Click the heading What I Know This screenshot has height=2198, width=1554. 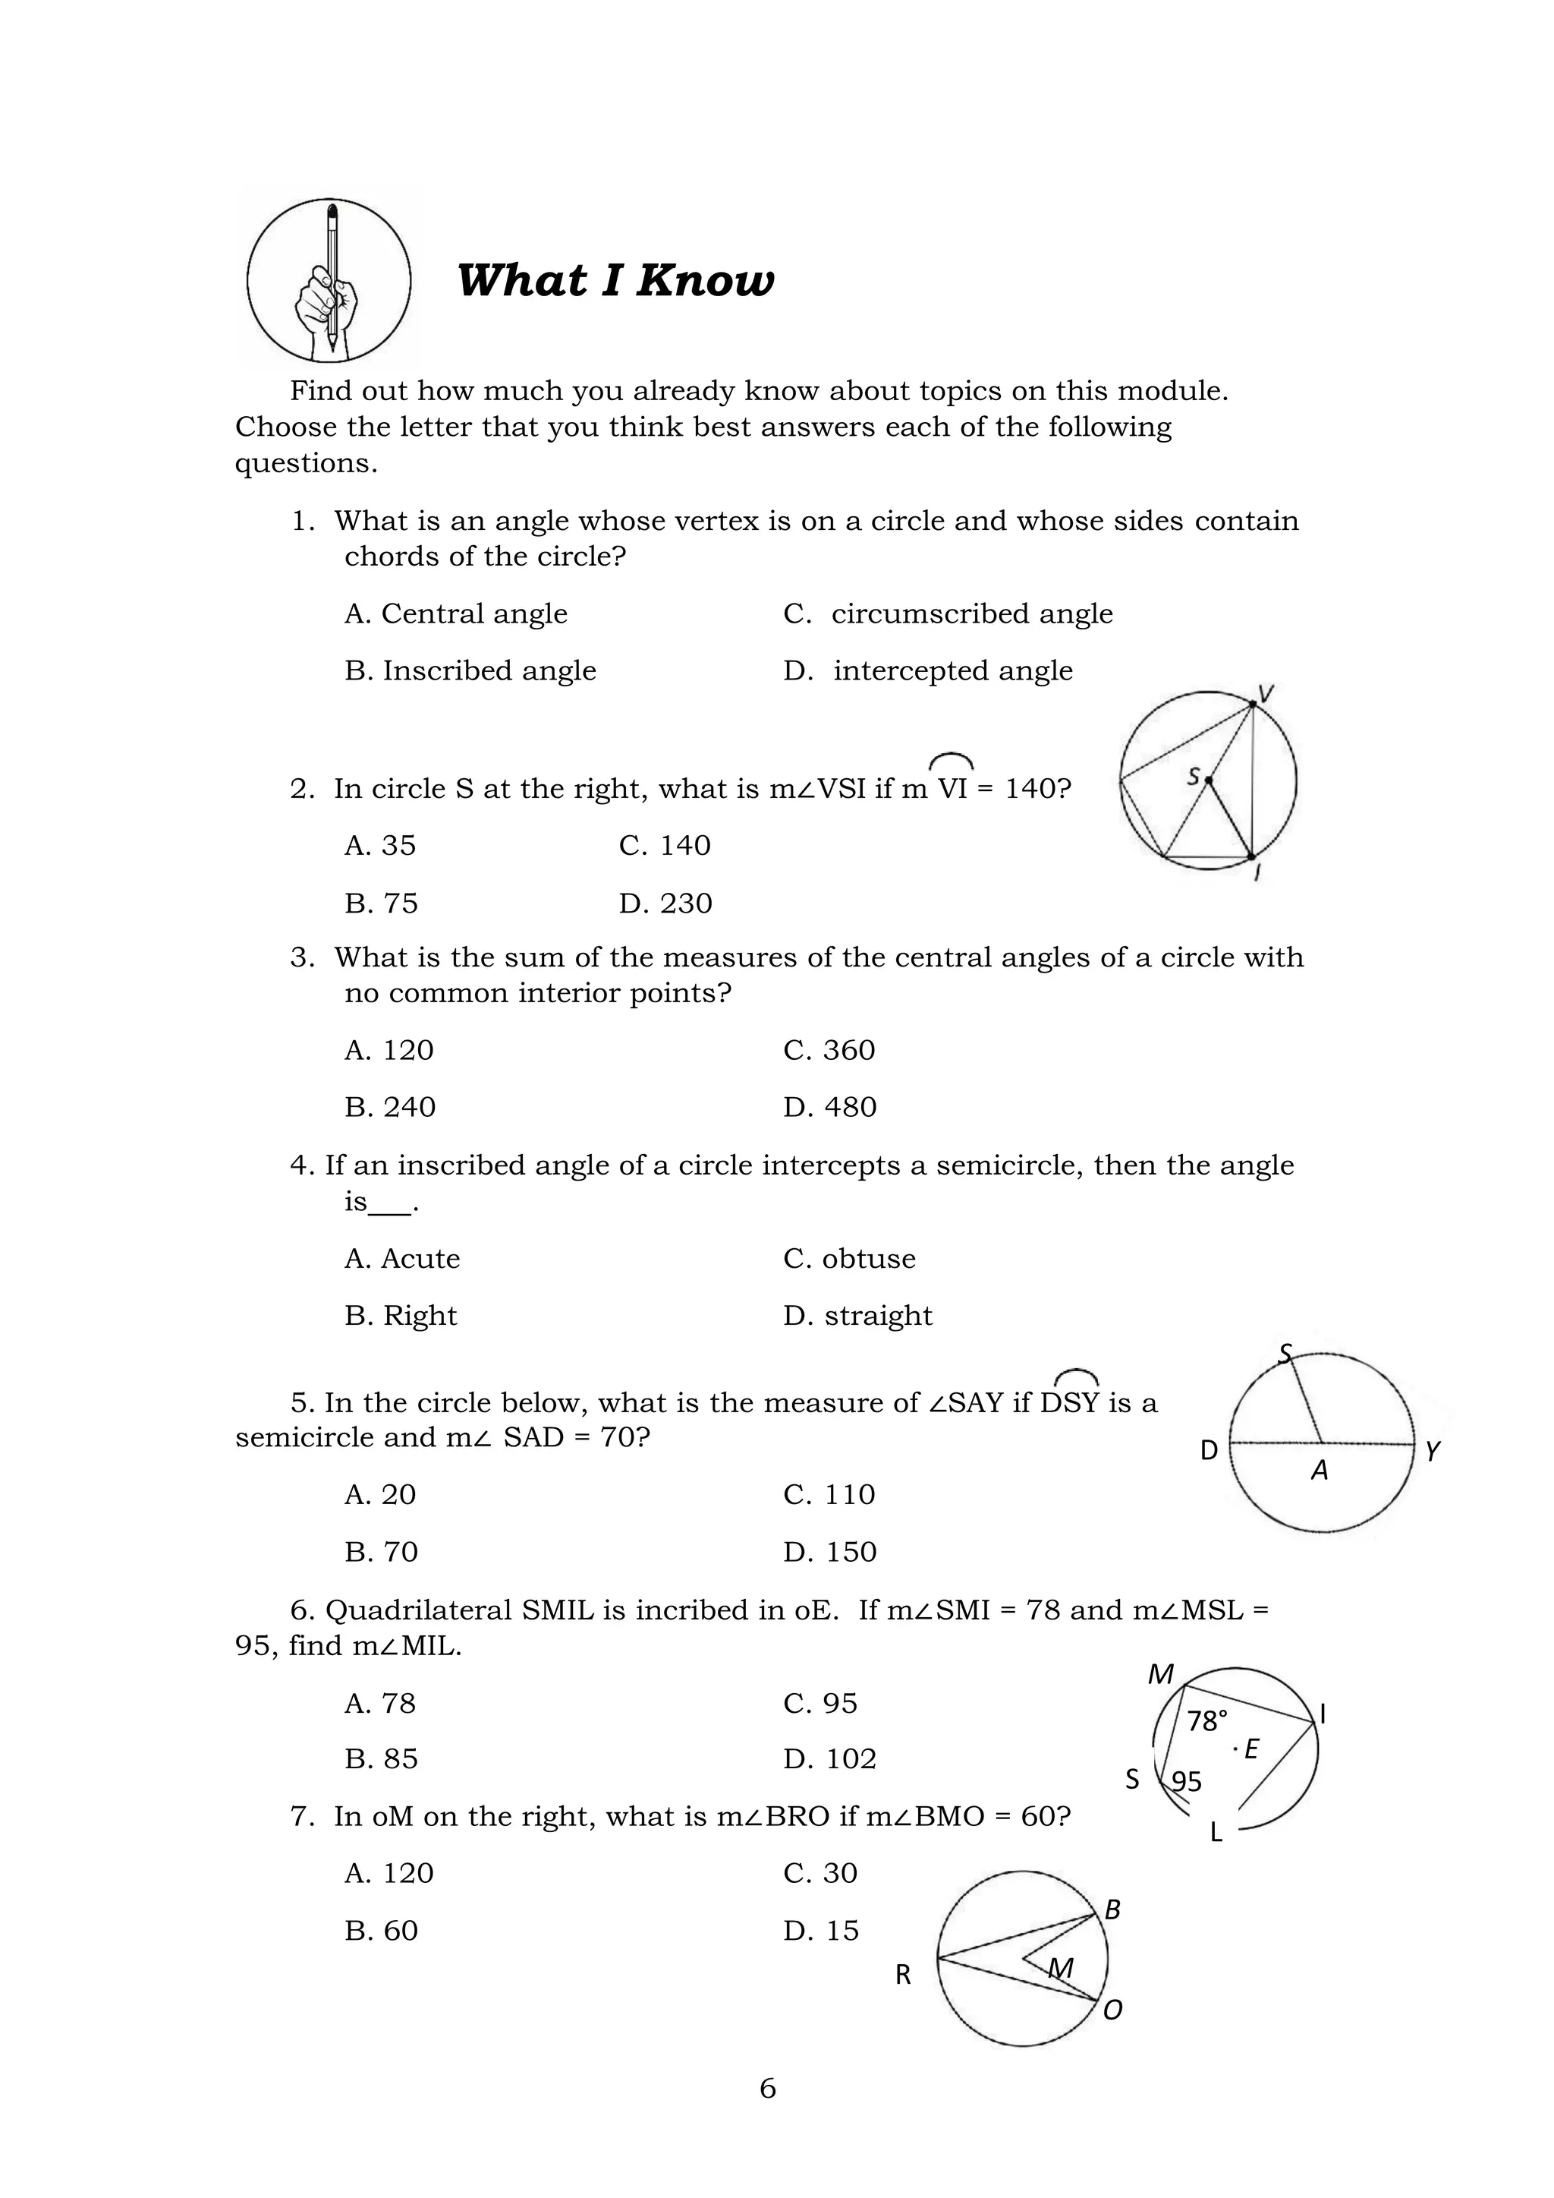pos(615,280)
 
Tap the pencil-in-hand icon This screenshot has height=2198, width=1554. pos(329,280)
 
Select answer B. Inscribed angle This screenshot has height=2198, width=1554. pos(470,671)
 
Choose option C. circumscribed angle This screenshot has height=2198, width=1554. pos(947,613)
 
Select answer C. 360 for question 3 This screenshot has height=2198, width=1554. pos(829,1050)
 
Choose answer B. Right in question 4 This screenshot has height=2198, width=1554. pos(401,1315)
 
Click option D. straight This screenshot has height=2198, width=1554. pos(857,1315)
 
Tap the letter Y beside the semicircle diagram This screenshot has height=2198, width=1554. pos(1432,1452)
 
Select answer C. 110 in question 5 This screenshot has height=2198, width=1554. pos(829,1494)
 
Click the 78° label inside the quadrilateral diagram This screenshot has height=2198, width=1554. pos(1206,1721)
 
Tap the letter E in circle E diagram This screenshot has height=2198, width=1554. pos(1250,1749)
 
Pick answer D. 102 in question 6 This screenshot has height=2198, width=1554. pos(829,1758)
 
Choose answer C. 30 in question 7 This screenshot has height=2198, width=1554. pos(820,1872)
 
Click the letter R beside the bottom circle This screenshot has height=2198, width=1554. pos(903,1975)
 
